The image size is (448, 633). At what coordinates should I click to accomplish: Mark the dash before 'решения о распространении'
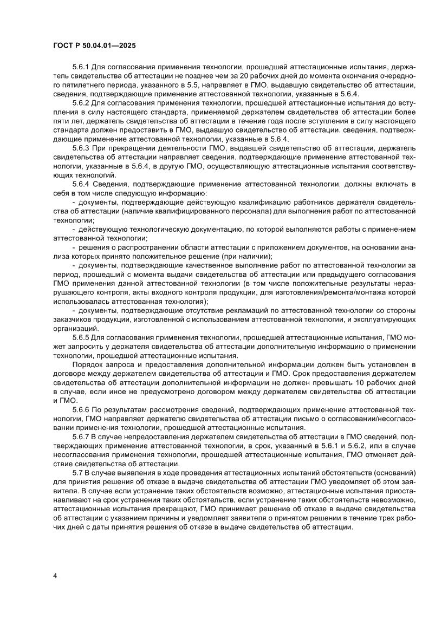pyautogui.click(x=74, y=247)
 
